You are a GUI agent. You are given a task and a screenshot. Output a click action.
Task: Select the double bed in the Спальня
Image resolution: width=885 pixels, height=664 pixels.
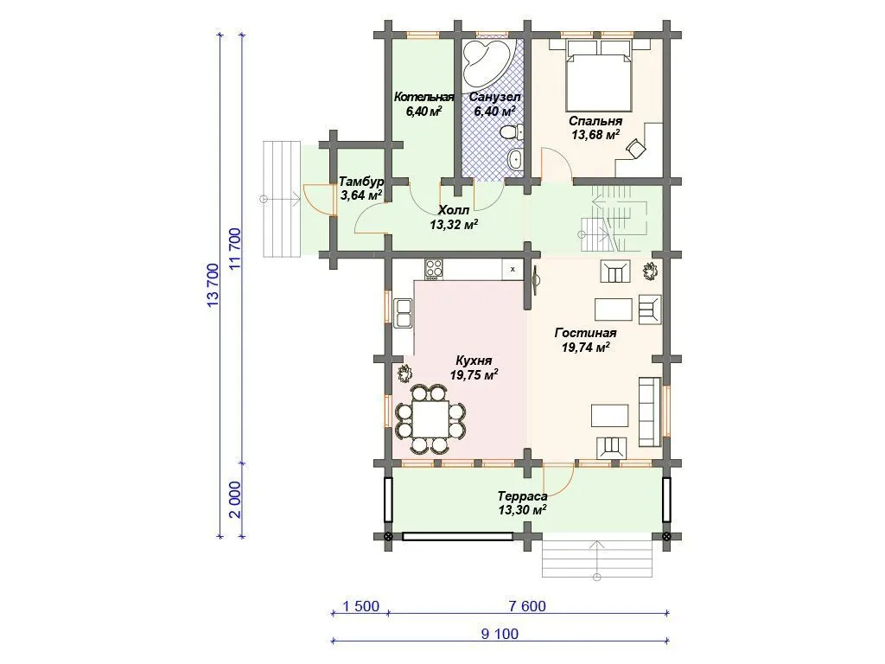[599, 74]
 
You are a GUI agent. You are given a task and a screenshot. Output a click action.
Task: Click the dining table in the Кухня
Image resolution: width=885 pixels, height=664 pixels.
[430, 418]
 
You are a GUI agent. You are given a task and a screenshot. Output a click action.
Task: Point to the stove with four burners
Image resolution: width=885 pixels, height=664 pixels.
[434, 269]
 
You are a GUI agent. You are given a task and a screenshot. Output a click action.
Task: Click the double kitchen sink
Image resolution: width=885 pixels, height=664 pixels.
[404, 313]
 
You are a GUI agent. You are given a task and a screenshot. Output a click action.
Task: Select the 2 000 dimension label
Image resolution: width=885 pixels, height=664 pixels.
[236, 500]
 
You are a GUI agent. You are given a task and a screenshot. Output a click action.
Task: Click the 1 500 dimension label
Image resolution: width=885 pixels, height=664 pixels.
[361, 606]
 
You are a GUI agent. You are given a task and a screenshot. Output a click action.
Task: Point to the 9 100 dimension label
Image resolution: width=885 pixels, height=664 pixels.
[500, 634]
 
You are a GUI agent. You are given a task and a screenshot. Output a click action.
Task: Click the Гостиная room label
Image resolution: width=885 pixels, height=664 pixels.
[585, 333]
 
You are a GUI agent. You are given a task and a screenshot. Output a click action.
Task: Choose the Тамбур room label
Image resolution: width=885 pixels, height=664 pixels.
[361, 182]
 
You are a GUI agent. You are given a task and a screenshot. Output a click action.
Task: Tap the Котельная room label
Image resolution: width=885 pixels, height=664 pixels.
[423, 97]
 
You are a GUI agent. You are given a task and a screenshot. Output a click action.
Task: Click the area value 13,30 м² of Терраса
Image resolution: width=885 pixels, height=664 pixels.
[521, 510]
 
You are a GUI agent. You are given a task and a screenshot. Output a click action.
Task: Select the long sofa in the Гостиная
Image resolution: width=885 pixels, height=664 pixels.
[650, 411]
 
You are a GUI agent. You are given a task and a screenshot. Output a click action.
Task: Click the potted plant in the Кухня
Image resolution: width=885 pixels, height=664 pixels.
[405, 373]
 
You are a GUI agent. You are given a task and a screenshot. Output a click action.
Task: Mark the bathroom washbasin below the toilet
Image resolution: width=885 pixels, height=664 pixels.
[515, 159]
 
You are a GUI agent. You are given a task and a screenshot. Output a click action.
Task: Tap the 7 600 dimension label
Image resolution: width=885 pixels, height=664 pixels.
[527, 606]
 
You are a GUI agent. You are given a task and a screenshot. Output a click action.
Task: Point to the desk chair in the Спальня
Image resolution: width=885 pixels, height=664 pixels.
[636, 148]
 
